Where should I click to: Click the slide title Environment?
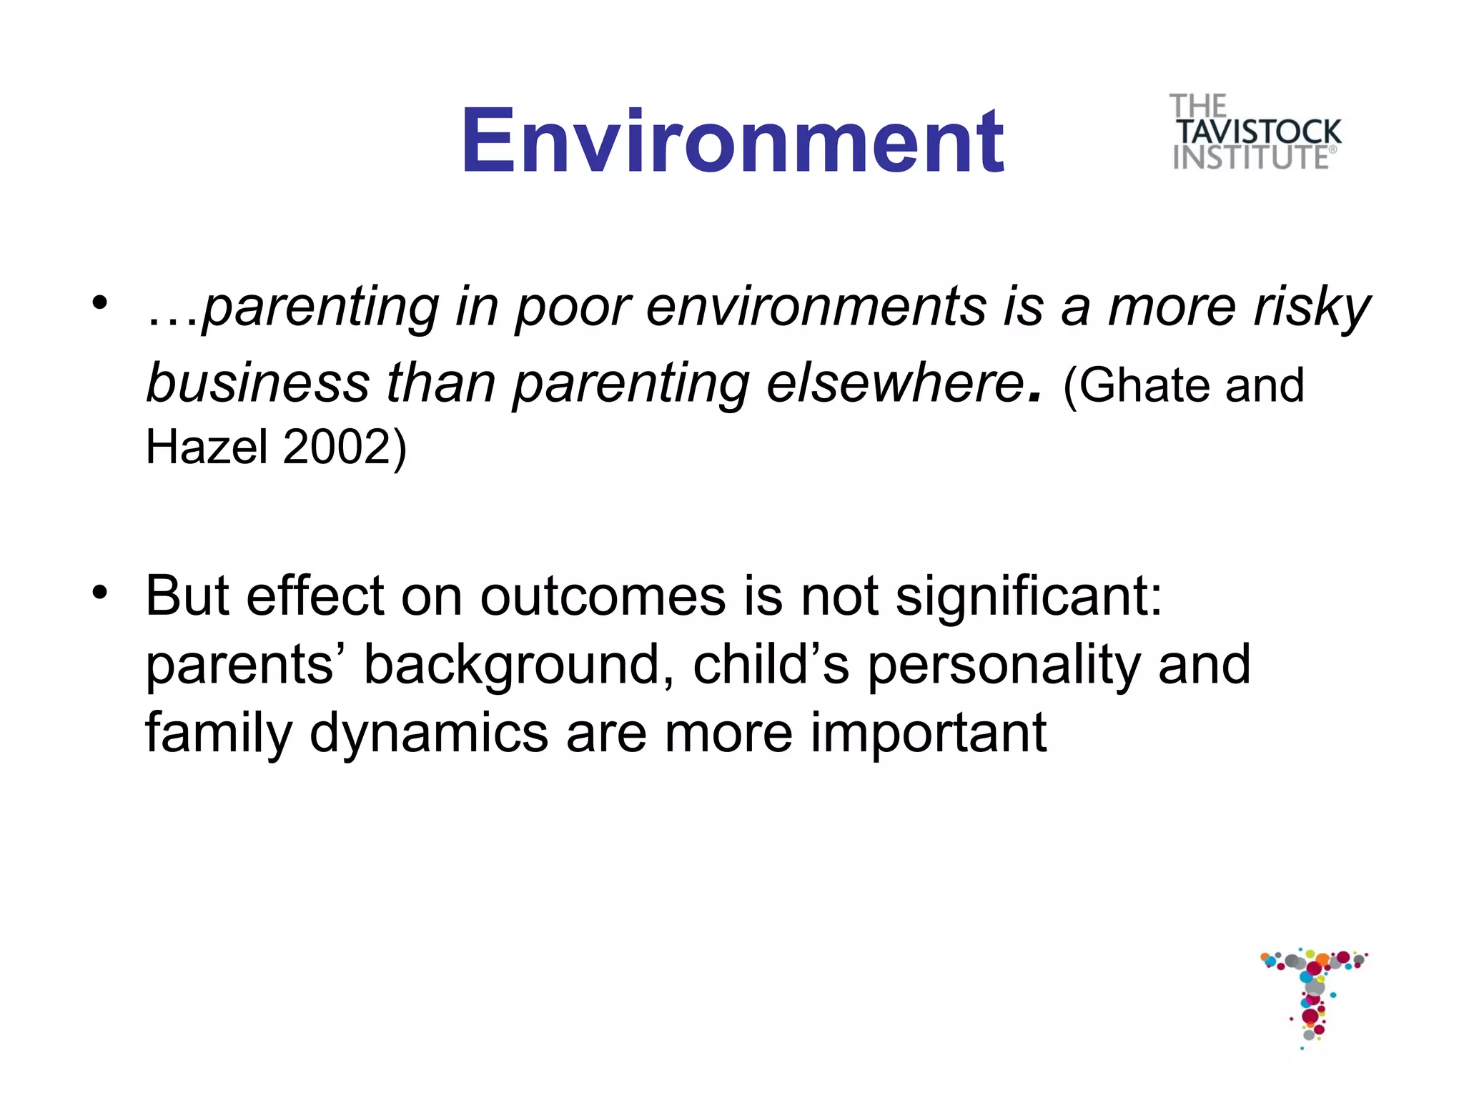click(732, 140)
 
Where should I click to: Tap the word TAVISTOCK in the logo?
click(1259, 133)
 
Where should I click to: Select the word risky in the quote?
click(1311, 309)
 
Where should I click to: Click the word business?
click(257, 384)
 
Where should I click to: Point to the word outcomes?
click(602, 596)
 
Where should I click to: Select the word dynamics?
click(428, 734)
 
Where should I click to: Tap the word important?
click(928, 734)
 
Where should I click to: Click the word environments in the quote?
click(815, 309)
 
